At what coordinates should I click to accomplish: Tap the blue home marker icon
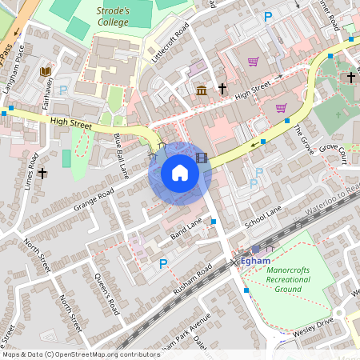(x=180, y=173)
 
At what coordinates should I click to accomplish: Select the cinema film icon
(x=201, y=158)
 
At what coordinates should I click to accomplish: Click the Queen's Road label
(x=107, y=294)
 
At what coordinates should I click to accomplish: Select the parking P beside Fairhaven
(x=63, y=90)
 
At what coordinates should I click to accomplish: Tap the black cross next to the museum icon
(x=222, y=89)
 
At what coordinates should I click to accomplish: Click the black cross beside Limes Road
(x=42, y=172)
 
